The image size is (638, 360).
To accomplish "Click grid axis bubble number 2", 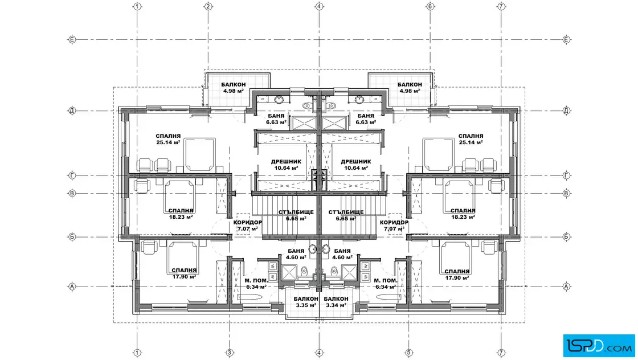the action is (x=208, y=6).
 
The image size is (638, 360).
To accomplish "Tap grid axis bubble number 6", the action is (x=430, y=6).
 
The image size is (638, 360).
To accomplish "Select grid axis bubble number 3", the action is (x=229, y=353).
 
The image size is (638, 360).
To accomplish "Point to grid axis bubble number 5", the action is (x=409, y=353).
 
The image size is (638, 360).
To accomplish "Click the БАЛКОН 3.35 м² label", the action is (x=306, y=302).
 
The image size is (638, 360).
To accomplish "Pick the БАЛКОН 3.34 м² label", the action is (x=336, y=302).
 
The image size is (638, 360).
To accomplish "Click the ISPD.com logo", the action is (x=599, y=346).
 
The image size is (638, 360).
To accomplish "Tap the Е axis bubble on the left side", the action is (x=72, y=39).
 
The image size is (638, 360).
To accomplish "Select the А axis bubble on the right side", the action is (x=566, y=287).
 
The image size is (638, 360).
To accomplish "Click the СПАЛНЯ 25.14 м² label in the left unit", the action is (x=168, y=139).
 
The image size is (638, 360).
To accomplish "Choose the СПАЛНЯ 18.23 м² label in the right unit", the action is (x=463, y=214).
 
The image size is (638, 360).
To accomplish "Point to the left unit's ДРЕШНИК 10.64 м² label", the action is (x=286, y=165).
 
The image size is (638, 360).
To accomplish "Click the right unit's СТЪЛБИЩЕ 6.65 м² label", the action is (x=346, y=215).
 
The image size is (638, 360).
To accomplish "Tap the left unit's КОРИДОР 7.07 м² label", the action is (x=247, y=226).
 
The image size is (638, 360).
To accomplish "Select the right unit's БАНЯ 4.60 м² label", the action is (x=342, y=254).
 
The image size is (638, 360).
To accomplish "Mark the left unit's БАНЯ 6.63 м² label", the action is (x=276, y=119).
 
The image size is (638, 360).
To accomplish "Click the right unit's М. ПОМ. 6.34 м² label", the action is (x=385, y=284).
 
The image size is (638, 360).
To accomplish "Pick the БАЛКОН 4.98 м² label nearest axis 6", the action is (x=410, y=88).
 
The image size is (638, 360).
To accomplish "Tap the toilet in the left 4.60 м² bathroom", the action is (x=304, y=271).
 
